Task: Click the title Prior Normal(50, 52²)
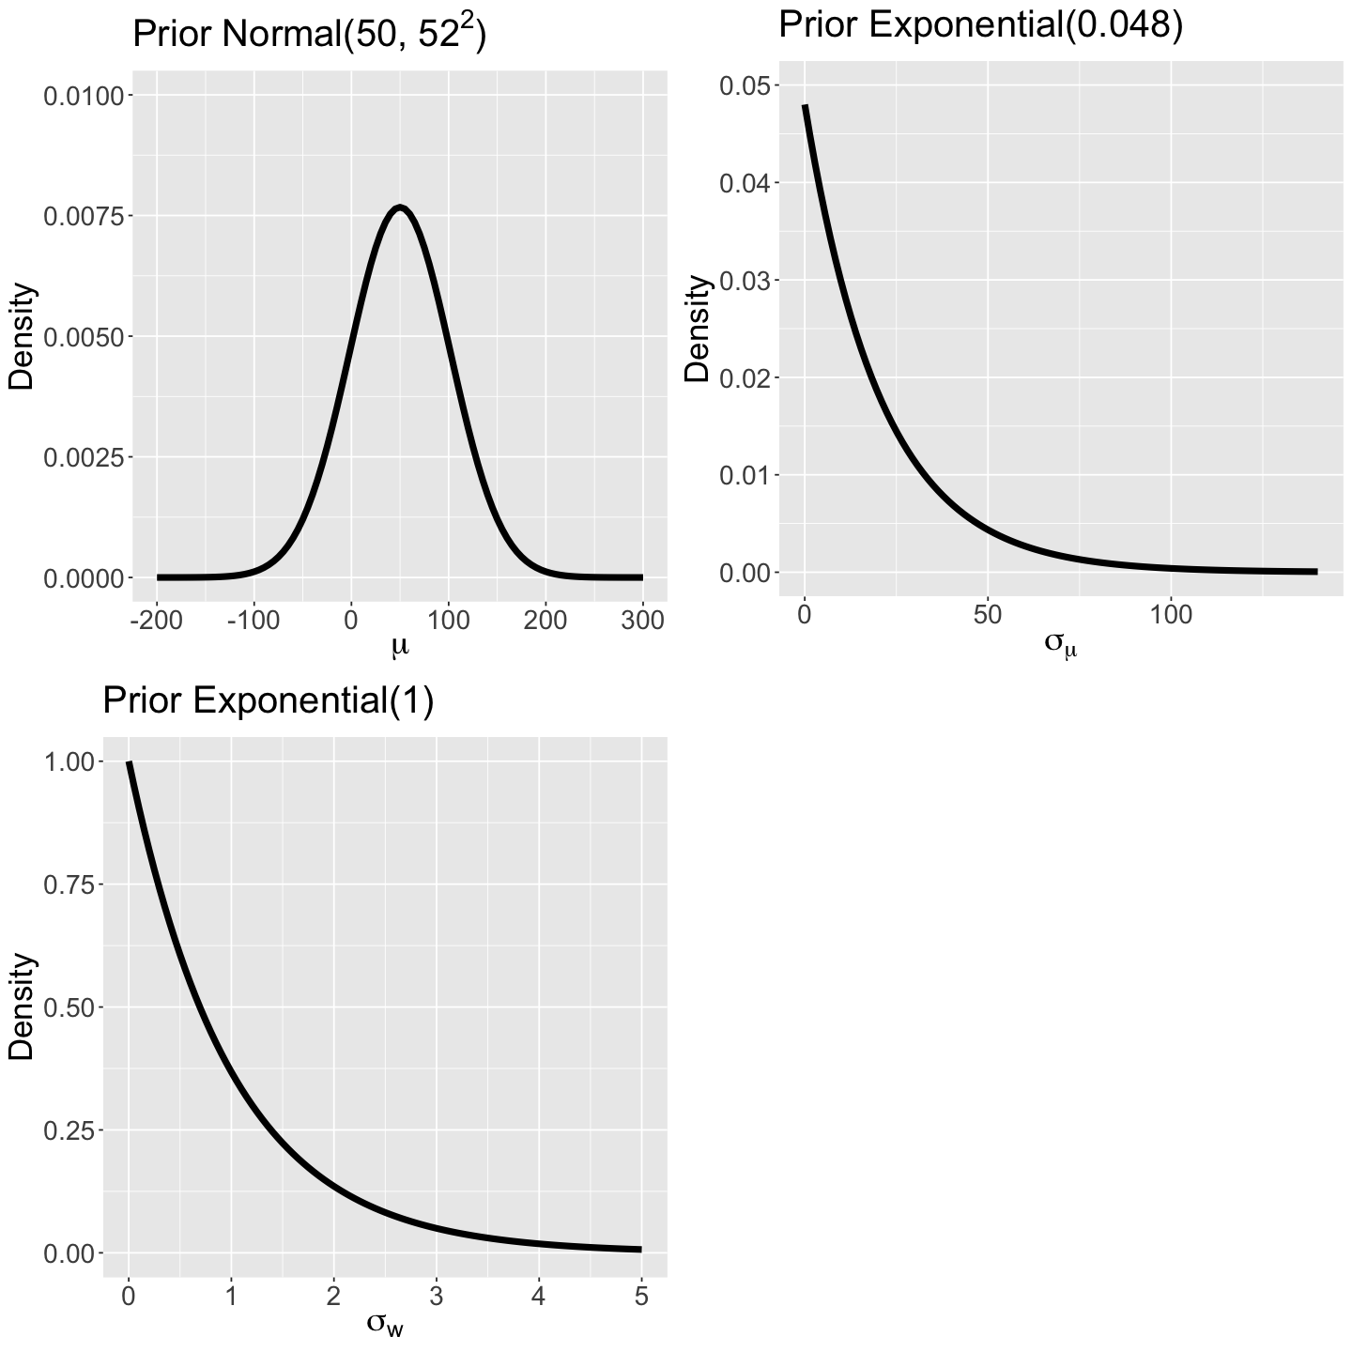[309, 35]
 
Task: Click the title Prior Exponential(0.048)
[980, 24]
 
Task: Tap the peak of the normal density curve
[401, 207]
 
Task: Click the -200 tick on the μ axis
[157, 621]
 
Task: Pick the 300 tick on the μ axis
[643, 621]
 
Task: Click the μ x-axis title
[400, 647]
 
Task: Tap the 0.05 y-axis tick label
[745, 85]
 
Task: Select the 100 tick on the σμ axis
[1171, 615]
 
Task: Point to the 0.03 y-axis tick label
[745, 281]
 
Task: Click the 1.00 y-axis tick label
[68, 761]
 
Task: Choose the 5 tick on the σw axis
[641, 1297]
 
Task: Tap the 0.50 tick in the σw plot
[68, 1007]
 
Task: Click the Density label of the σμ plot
[697, 329]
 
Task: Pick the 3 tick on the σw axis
[436, 1297]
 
